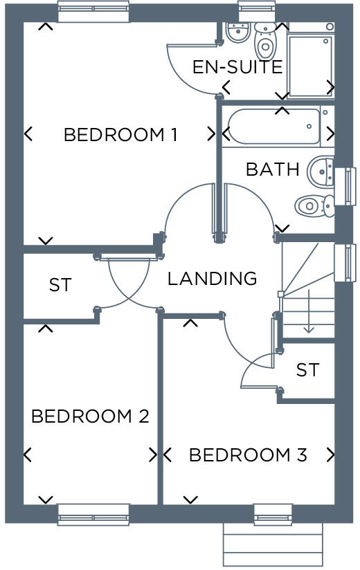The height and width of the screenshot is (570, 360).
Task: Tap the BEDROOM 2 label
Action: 90,416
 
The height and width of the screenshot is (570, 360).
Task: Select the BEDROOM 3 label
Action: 247,455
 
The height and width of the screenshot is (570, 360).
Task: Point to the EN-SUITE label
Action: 237,67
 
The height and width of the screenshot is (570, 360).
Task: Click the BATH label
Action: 272,169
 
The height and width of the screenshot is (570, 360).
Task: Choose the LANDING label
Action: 212,278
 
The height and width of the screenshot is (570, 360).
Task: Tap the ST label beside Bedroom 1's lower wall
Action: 60,285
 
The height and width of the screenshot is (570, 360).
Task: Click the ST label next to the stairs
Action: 307,370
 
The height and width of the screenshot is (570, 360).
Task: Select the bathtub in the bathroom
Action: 274,126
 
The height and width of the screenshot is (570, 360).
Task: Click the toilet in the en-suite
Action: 264,42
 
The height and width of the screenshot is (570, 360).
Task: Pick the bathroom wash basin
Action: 321,169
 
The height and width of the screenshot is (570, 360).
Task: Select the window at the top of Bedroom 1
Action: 93,12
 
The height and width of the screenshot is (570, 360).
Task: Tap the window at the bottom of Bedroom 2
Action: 93,515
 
